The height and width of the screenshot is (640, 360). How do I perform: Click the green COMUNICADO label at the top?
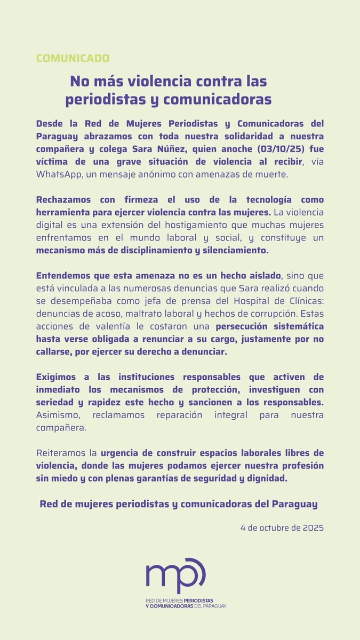tap(73, 58)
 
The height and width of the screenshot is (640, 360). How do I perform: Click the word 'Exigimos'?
tap(56, 377)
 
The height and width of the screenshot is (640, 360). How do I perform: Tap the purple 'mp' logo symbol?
tap(175, 575)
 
